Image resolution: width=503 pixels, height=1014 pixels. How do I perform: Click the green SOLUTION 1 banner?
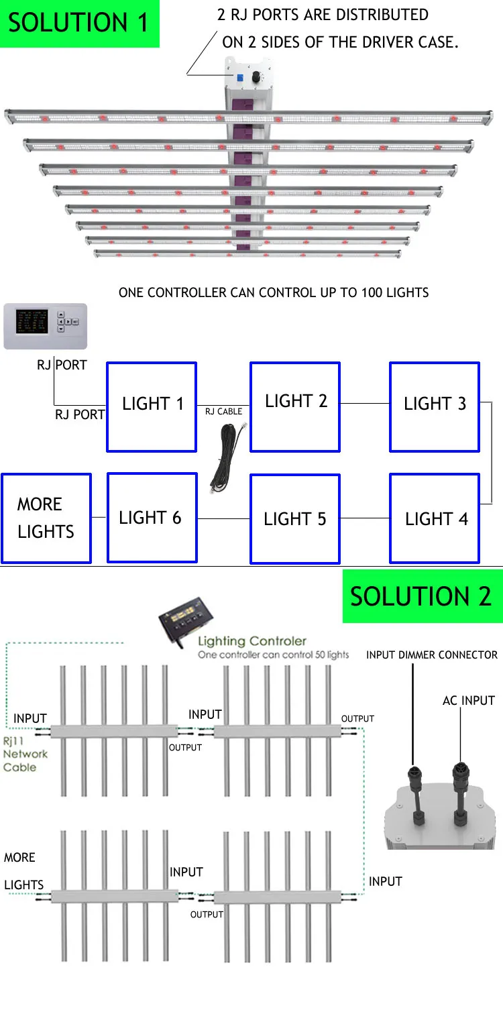(80, 23)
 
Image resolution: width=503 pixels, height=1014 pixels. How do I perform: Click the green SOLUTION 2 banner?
(422, 596)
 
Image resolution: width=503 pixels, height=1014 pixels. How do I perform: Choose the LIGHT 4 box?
(435, 518)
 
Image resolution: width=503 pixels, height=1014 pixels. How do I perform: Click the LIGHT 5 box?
(295, 518)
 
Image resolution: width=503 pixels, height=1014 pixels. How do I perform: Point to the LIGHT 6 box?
(152, 518)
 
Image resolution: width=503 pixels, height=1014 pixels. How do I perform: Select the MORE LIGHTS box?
(46, 518)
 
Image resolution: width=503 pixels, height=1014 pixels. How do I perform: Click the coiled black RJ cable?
(223, 456)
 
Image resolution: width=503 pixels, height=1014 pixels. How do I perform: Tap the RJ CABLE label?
(223, 411)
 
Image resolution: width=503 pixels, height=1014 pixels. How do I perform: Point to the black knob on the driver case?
(256, 78)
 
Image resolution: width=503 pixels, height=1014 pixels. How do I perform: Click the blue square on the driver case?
(237, 76)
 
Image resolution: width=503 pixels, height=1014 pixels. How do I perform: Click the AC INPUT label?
(468, 701)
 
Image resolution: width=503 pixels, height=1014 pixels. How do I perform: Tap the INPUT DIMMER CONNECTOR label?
(432, 655)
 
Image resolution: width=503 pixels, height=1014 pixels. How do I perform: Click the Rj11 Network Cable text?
(25, 754)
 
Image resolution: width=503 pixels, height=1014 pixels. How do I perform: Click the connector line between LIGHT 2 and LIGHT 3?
(365, 403)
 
